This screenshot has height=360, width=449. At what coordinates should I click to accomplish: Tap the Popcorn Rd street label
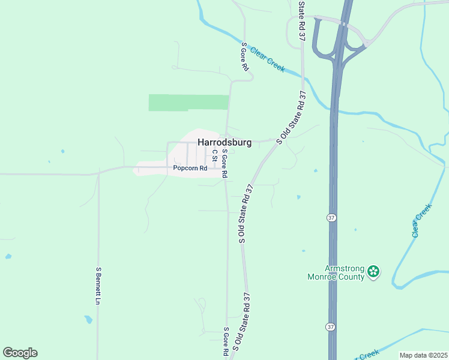coord(190,169)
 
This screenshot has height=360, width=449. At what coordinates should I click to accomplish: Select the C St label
coord(213,155)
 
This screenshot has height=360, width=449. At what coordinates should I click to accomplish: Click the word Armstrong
coord(345,268)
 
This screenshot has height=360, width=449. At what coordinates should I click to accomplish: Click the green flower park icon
coord(373,272)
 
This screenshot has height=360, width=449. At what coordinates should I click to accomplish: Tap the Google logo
coord(20,352)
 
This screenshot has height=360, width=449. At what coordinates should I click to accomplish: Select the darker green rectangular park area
coord(188,103)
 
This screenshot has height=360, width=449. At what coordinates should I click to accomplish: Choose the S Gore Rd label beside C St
coord(224,163)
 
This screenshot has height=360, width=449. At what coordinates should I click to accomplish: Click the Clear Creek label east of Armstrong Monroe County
coord(422,221)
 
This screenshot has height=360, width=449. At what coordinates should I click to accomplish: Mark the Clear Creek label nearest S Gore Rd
coord(267,59)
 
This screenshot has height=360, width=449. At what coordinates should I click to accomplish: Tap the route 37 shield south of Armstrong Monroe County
coord(330,326)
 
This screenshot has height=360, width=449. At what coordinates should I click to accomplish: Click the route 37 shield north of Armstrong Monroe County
coord(331,218)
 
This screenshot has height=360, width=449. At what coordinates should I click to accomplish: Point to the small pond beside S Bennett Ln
coord(88,319)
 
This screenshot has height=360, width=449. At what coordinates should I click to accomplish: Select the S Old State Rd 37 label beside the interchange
coord(302,21)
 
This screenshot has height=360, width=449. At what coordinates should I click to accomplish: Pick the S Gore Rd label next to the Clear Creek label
coord(244,57)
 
